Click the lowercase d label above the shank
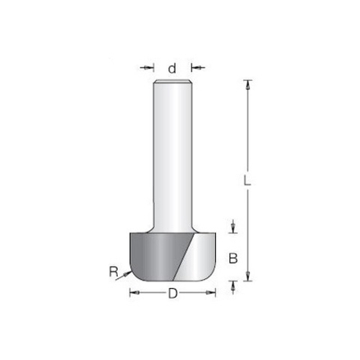click(x=172, y=68)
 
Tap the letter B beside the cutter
click(x=233, y=259)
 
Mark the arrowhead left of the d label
click(x=153, y=68)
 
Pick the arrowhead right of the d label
click(x=193, y=68)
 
